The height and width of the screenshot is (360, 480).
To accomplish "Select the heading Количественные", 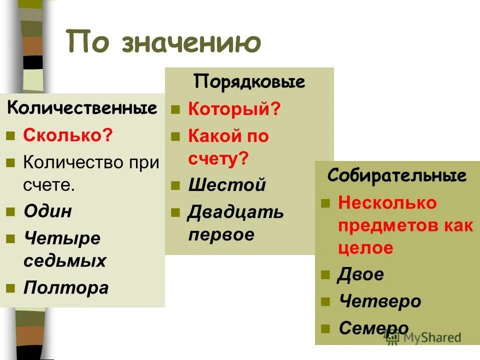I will click(x=82, y=108).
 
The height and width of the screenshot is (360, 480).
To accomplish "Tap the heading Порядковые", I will click(x=249, y=81).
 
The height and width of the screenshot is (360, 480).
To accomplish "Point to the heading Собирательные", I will click(x=397, y=175).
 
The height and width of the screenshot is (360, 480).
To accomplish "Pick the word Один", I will click(x=47, y=211).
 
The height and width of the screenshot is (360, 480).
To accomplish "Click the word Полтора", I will click(x=65, y=288).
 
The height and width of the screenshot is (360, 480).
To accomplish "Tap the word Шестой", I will click(x=226, y=185).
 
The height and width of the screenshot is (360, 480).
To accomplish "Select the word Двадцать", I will click(x=235, y=212).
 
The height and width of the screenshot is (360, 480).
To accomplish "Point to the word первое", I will click(x=221, y=234).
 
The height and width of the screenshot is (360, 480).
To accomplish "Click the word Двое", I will click(x=360, y=274).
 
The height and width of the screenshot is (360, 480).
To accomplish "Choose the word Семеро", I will click(x=373, y=328).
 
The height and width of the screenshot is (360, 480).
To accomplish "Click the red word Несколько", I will click(x=387, y=202).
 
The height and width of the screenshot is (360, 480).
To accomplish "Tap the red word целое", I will click(x=365, y=248).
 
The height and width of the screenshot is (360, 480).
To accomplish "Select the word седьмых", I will click(x=64, y=260).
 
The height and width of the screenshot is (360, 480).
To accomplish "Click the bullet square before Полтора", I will click(x=10, y=288).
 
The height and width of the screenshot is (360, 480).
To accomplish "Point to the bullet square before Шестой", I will click(x=175, y=186).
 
